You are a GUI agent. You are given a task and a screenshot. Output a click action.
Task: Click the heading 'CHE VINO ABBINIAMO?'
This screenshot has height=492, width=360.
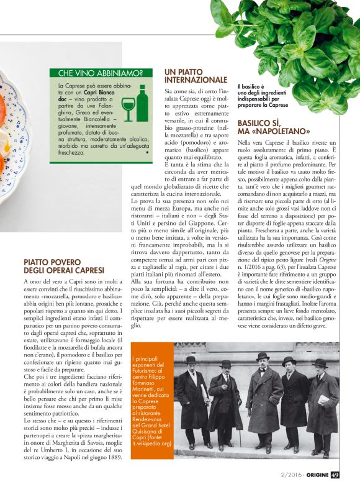pyautogui.click(x=101, y=73)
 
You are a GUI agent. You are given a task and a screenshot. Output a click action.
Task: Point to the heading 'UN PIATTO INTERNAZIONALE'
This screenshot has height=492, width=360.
pyautogui.click(x=196, y=76)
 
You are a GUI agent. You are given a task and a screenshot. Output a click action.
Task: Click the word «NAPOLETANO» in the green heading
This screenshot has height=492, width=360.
pyautogui.click(x=271, y=132)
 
